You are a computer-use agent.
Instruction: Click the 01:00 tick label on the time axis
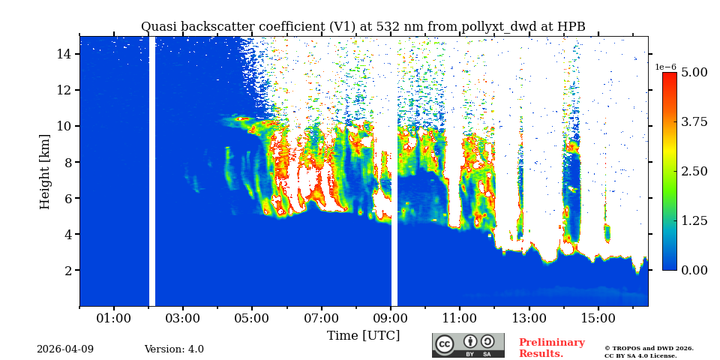pos(114,318)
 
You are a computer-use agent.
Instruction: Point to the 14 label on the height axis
pos(63,54)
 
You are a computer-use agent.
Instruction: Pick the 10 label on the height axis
pos(63,126)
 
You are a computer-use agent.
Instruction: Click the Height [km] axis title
pos(46,171)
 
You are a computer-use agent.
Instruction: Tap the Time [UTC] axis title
pos(363,335)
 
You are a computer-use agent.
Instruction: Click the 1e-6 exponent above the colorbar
pos(665,67)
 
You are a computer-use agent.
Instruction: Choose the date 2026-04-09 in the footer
pos(65,349)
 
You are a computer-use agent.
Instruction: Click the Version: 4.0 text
pos(174,349)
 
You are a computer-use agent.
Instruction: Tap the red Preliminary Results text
pos(551,348)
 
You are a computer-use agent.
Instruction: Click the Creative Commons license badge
pos(468,345)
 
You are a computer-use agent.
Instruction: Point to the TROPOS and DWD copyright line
pos(649,348)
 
